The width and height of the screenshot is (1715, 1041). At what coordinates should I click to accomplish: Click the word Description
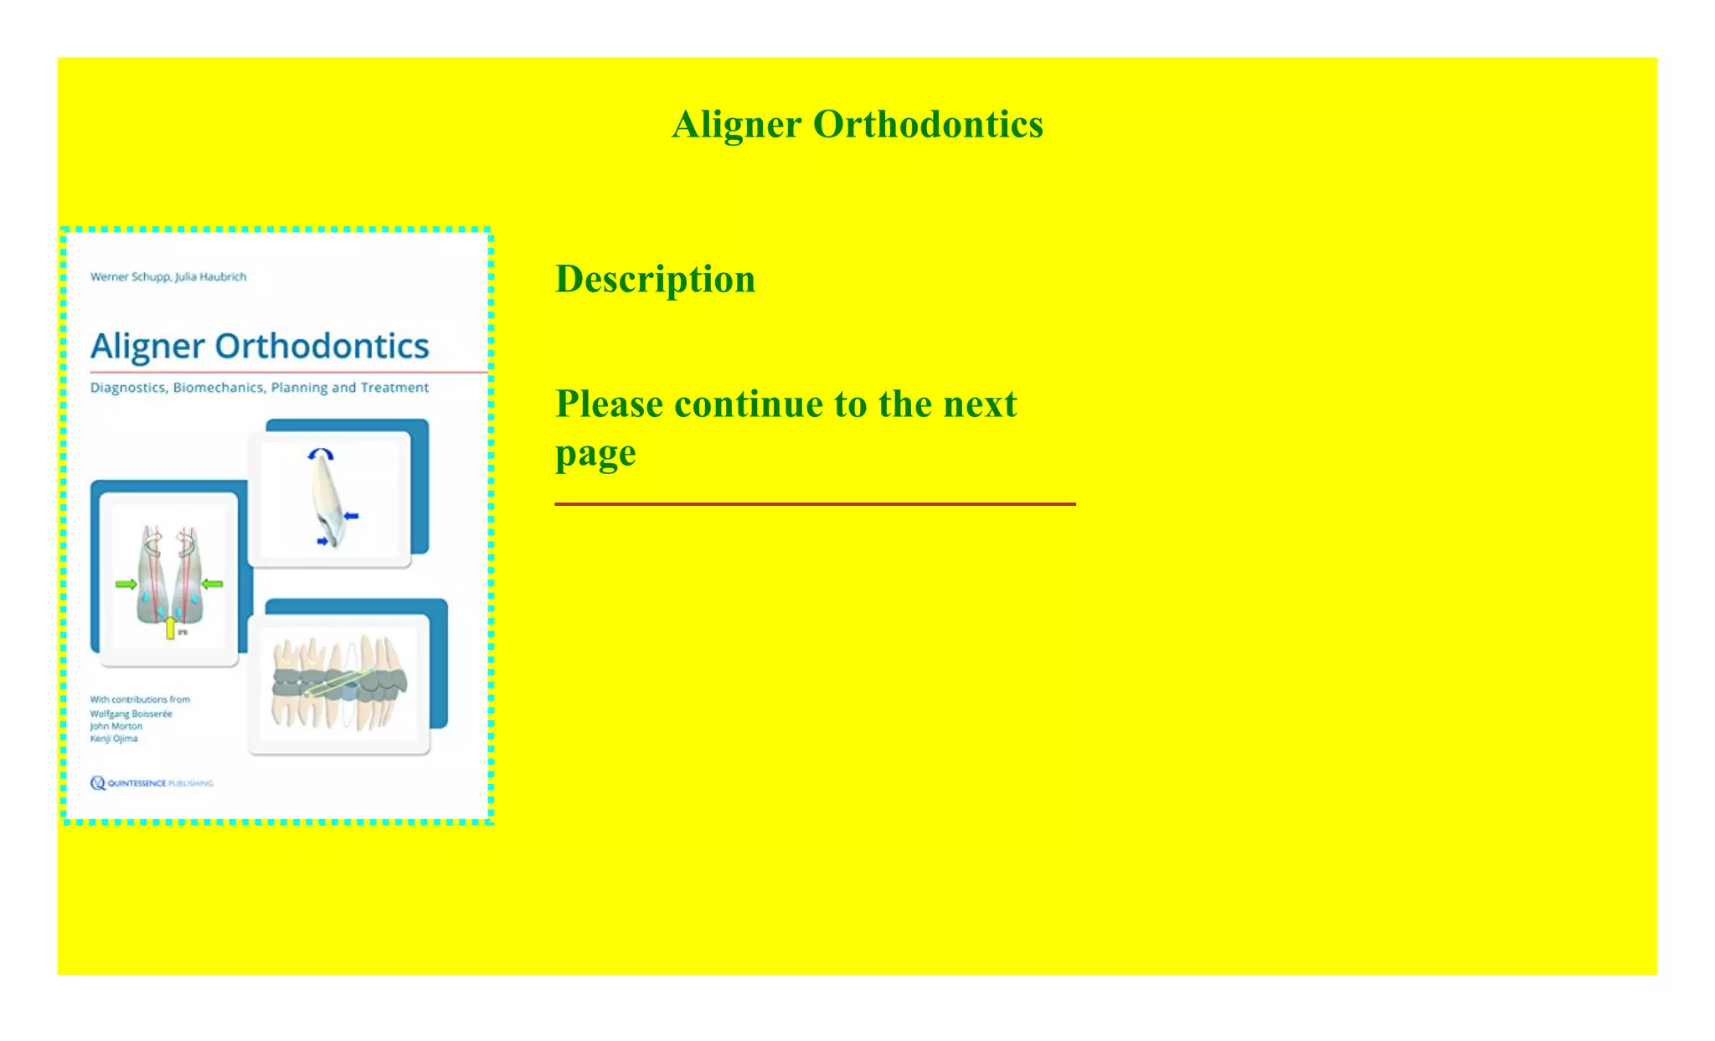655,279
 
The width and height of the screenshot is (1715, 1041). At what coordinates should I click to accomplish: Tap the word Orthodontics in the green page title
928,125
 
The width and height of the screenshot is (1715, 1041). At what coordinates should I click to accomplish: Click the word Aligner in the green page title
737,125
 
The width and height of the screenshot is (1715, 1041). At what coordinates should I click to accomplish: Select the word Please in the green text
610,405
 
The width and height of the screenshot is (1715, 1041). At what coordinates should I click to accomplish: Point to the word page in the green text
595,455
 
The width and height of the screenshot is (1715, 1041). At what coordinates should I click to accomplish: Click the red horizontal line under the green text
815,504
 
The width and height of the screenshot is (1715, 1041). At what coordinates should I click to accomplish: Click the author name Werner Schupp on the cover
130,276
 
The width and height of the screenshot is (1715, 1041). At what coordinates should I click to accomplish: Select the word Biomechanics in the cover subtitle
219,388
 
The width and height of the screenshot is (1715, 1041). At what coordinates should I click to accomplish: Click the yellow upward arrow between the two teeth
171,626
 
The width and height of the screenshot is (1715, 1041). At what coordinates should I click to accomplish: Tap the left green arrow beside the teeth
126,584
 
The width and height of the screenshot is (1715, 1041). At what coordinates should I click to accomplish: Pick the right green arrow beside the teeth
213,584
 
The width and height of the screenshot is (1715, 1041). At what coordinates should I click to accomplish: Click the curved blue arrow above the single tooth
321,454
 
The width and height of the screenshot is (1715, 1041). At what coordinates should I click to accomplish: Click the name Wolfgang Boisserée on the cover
131,714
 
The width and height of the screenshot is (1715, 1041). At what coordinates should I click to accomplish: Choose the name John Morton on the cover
116,726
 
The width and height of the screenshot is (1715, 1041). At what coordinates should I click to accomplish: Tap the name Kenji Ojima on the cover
114,739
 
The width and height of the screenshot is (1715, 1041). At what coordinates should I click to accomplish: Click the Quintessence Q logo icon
98,783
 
